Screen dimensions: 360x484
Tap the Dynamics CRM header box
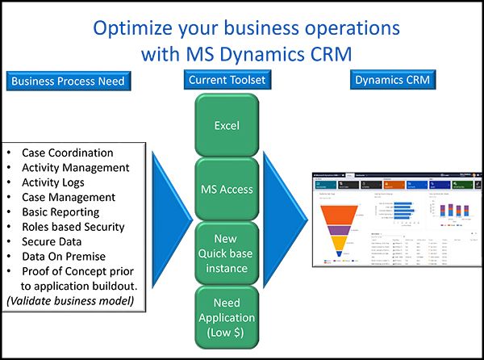[393, 80]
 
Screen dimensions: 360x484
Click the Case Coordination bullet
[68, 153]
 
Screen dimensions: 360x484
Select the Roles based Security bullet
[79, 226]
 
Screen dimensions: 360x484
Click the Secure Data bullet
[56, 241]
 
